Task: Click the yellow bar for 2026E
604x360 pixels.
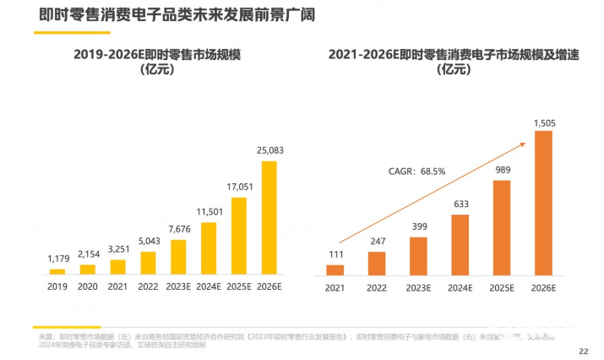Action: (269, 218)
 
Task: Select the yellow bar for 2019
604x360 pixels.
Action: (57, 272)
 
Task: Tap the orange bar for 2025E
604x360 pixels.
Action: (502, 228)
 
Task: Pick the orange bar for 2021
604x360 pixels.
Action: (335, 270)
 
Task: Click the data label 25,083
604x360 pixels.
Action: (269, 150)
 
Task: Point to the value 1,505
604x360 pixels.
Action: (545, 123)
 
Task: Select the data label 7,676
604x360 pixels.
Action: (179, 230)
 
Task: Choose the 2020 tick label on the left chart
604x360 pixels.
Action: (88, 287)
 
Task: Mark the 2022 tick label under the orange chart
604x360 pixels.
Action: (377, 288)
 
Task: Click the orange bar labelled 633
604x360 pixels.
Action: (460, 245)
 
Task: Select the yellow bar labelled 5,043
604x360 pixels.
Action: (149, 263)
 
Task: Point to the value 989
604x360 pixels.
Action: (502, 170)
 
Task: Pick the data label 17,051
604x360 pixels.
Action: (239, 187)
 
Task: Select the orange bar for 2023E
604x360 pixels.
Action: (419, 256)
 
